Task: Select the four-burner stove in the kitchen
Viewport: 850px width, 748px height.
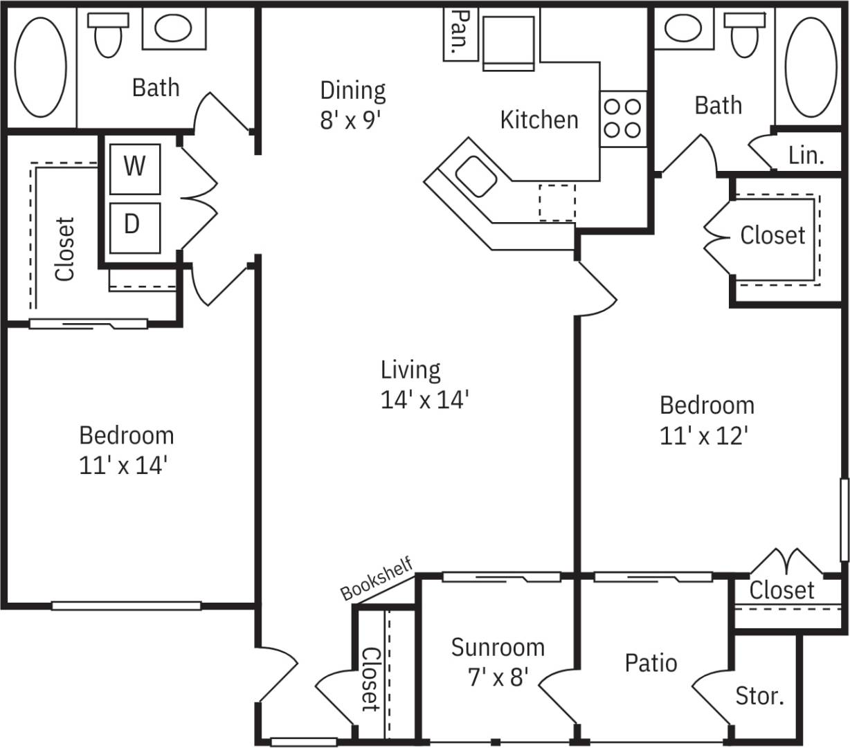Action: tap(623, 118)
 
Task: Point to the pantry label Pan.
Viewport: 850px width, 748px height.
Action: tap(460, 33)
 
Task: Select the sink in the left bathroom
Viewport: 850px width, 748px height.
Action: tap(173, 29)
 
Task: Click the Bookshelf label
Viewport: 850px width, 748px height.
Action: tap(377, 578)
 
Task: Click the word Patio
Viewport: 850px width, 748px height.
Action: tap(650, 663)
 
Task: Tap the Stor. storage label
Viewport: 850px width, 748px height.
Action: tap(760, 695)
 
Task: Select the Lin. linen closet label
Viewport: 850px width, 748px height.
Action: tap(806, 156)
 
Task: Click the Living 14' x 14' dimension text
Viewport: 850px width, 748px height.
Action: tap(425, 399)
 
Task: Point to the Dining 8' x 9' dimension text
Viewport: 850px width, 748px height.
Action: tap(352, 120)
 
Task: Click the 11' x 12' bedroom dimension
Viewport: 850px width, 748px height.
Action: tap(704, 436)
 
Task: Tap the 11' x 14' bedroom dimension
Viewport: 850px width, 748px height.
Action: tap(123, 465)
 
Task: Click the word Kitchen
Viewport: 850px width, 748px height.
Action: tap(539, 120)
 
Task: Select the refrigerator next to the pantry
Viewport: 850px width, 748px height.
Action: tap(509, 43)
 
